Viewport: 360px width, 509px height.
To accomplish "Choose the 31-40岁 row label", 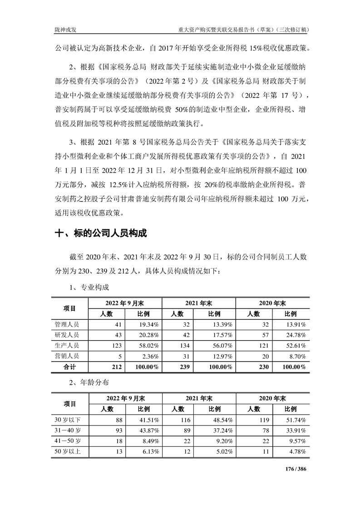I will [x=68, y=430].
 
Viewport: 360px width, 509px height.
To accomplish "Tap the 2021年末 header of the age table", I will [x=199, y=398].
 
